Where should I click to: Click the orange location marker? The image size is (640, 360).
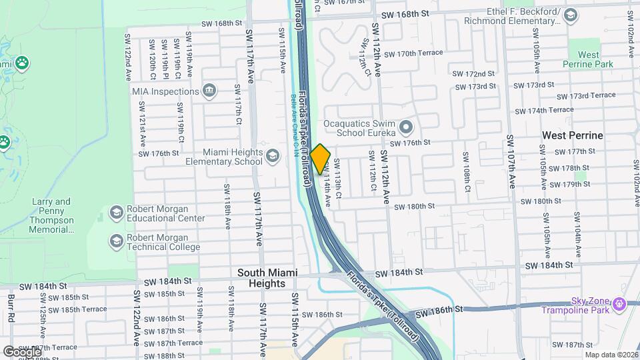321,159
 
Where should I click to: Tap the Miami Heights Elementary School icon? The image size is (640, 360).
272,157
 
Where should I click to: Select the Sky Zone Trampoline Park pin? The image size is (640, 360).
621,304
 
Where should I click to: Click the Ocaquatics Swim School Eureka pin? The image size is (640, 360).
406,126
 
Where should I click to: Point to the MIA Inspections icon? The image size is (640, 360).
209,91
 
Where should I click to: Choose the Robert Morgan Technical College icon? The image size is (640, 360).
117,240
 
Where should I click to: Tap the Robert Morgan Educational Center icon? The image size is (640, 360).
117,212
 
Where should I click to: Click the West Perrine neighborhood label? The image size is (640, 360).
572,135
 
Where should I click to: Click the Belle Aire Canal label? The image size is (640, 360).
292,127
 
